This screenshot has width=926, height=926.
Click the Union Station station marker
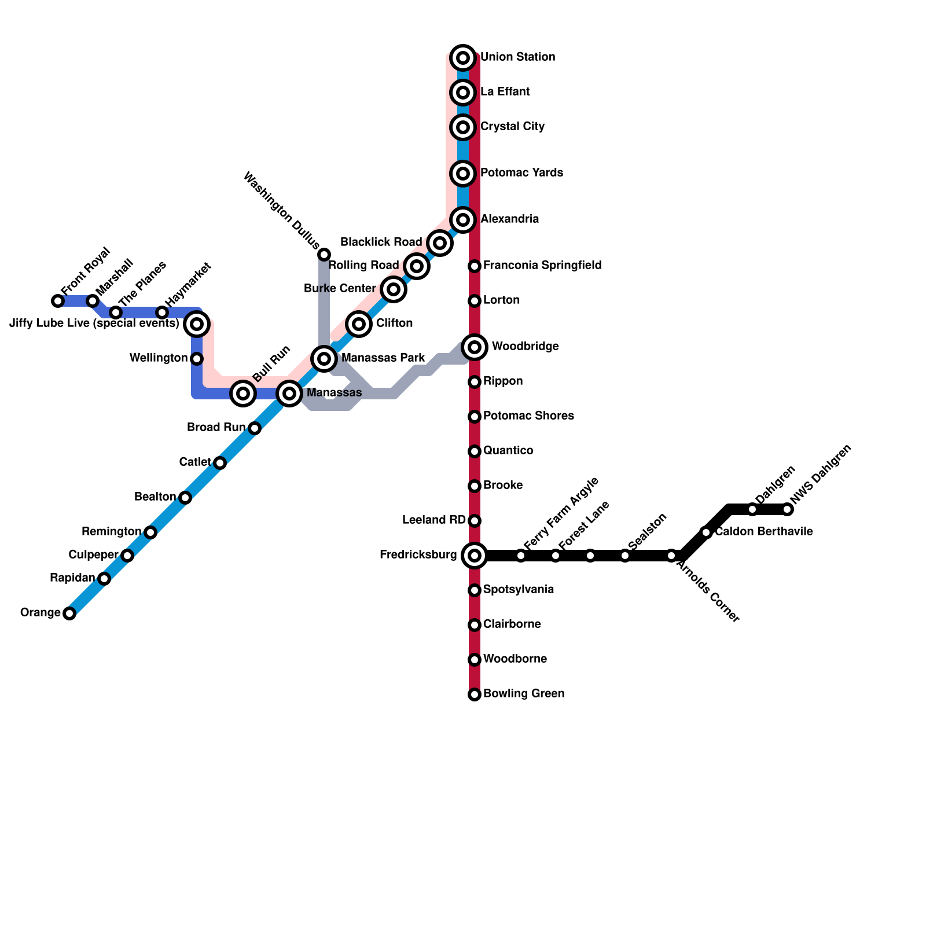coord(463,57)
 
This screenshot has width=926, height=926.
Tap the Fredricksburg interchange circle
coord(475,556)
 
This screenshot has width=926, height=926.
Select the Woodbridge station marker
coord(475,347)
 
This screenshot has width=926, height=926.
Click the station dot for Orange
coord(69,613)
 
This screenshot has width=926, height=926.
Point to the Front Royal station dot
coord(58,301)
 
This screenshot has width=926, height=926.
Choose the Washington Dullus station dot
coord(324,255)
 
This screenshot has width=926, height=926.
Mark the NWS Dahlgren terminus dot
coord(787,509)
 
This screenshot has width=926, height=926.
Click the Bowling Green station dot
coord(475,694)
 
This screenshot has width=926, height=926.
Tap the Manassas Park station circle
coord(324,359)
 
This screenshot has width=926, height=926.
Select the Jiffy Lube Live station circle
coord(197,324)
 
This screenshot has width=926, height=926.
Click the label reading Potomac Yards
coord(521,173)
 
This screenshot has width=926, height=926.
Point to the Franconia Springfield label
coord(542,266)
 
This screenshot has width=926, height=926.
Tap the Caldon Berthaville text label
coord(763,532)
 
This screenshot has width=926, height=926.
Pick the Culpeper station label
coord(93,555)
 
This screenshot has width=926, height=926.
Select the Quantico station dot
coord(475,451)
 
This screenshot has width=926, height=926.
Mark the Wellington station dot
coord(197,359)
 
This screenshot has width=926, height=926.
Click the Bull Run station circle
coord(243,394)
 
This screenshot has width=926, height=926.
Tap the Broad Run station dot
coord(255,428)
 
